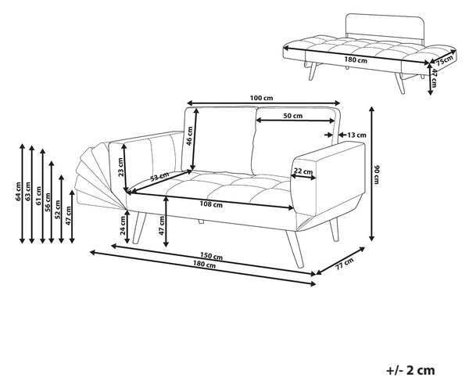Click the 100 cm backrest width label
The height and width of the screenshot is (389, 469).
[261, 98]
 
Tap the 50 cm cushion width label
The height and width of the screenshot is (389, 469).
[293, 116]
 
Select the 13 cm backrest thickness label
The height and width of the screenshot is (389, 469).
[356, 135]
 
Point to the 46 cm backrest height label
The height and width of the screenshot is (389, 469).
[189, 135]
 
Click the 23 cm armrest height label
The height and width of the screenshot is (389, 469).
[120, 167]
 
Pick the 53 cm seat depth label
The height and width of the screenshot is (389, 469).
[159, 177]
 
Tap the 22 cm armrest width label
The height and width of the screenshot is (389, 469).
[303, 171]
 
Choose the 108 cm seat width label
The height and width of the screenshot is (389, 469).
[211, 204]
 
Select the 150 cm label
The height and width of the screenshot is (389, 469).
[211, 257]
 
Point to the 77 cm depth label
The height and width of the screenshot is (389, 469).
[344, 264]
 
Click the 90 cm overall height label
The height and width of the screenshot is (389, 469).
[377, 175]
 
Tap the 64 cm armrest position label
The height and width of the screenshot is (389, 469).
[19, 191]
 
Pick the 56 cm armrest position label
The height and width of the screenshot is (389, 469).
[48, 202]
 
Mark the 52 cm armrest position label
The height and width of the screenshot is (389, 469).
[58, 209]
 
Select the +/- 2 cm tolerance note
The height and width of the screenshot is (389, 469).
[410, 370]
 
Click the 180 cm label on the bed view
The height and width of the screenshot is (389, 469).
[356, 60]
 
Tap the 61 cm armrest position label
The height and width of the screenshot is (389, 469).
[38, 196]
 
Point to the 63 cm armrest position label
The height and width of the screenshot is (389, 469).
[28, 192]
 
